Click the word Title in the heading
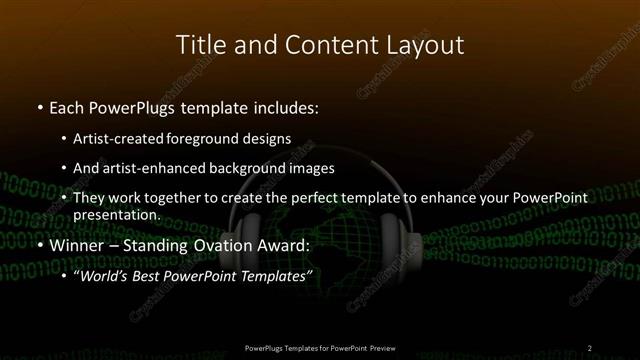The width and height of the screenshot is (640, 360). (x=198, y=45)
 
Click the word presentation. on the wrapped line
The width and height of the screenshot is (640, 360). (x=116, y=214)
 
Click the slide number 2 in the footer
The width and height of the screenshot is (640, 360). (x=589, y=347)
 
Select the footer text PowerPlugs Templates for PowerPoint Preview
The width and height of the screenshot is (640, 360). (x=319, y=347)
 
